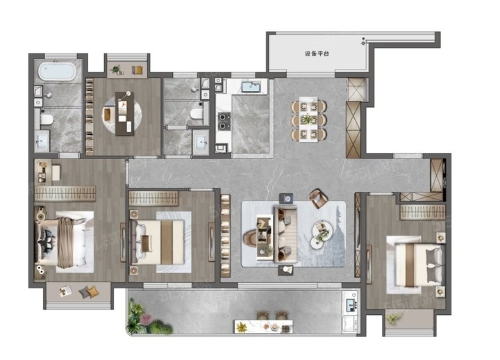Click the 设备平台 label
(317, 54)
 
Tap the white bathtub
(57, 71)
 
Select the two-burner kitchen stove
(224, 122)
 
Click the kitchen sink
(251, 86)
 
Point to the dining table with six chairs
(308, 120)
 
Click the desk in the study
(125, 113)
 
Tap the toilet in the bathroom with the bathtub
(47, 120)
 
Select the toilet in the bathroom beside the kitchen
(197, 113)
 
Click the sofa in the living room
(285, 234)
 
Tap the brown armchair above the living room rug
(318, 199)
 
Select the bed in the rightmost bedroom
(416, 265)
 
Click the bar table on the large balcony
(263, 327)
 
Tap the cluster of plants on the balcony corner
(147, 317)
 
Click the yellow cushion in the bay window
(93, 291)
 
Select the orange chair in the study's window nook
(137, 70)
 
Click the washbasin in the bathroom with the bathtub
(42, 140)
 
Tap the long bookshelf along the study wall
(90, 117)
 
